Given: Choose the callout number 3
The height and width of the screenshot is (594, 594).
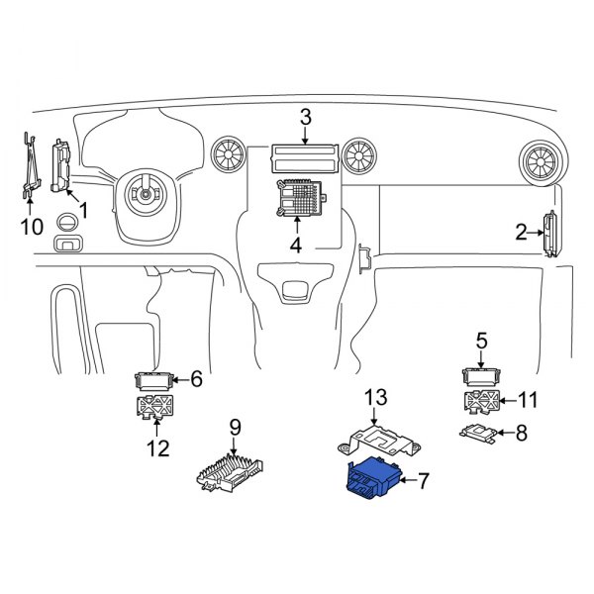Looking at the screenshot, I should click(306, 118).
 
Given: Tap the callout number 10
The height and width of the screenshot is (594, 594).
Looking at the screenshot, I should click(31, 227).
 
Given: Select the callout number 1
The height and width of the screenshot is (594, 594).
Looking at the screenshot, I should click(84, 209).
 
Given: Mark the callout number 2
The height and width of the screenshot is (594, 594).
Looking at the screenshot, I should click(520, 233).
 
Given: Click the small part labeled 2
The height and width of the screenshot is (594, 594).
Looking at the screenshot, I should click(550, 233).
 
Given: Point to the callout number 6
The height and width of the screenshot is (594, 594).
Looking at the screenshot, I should click(195, 378).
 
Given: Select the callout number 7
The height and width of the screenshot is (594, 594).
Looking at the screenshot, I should click(424, 482).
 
